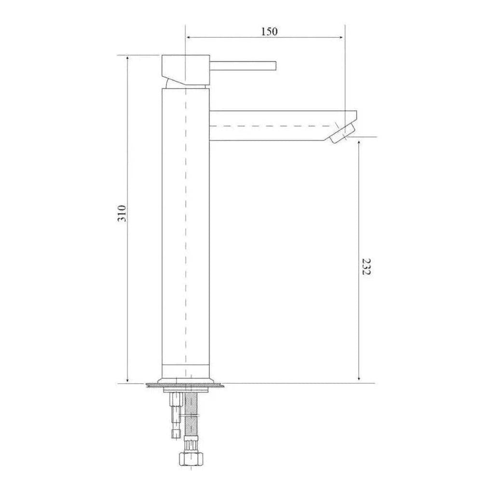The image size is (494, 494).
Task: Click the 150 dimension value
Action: point(269,31)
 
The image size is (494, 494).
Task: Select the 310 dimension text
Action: point(123,213)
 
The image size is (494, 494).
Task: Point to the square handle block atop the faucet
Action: point(184,68)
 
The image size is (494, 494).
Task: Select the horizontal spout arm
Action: point(275,125)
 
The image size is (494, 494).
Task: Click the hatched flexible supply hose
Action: point(192,410)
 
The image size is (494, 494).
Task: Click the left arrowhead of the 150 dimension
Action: point(188,37)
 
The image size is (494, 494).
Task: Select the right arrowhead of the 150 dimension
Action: point(343,37)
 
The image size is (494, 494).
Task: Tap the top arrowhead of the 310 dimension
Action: point(127,58)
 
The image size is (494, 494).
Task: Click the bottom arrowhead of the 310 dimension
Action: point(127,381)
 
